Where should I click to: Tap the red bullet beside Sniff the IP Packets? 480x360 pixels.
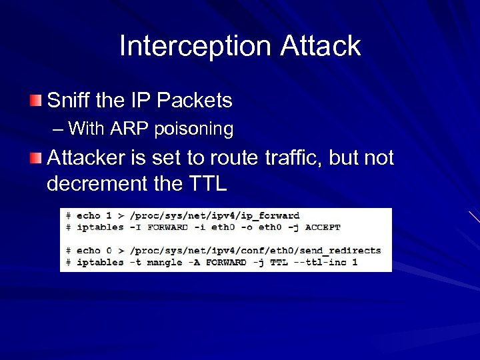click(x=35, y=101)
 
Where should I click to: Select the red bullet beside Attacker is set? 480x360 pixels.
click(x=35, y=159)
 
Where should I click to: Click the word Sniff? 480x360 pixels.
click(x=69, y=101)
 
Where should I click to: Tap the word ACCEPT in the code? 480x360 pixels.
click(x=323, y=227)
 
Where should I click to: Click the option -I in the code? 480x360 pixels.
click(x=135, y=227)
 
